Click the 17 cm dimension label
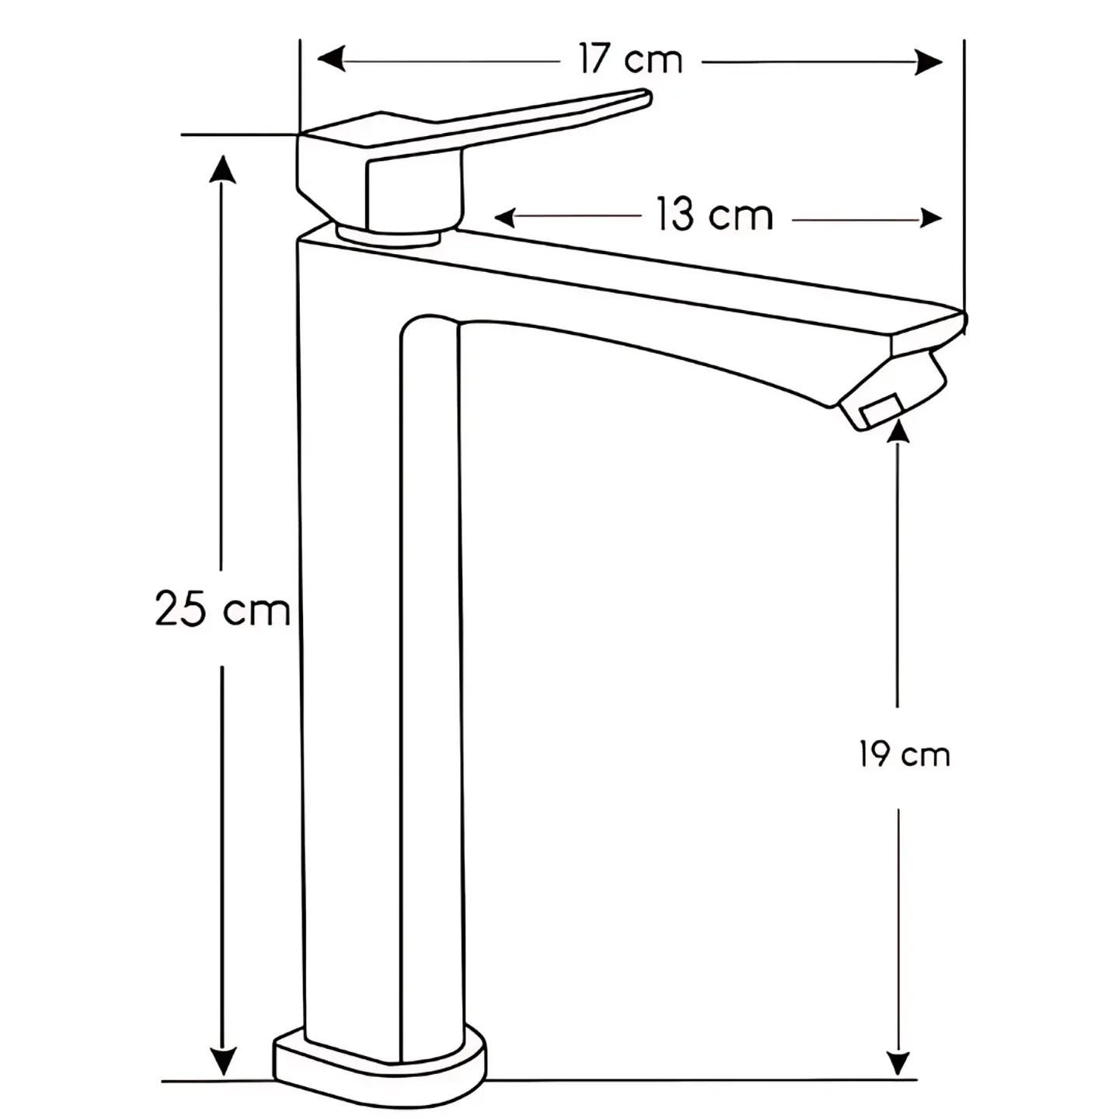(630, 59)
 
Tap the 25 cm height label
(222, 609)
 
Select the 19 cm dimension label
(905, 755)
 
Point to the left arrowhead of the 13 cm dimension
(504, 218)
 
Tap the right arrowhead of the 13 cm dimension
(932, 218)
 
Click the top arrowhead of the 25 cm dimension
(222, 169)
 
